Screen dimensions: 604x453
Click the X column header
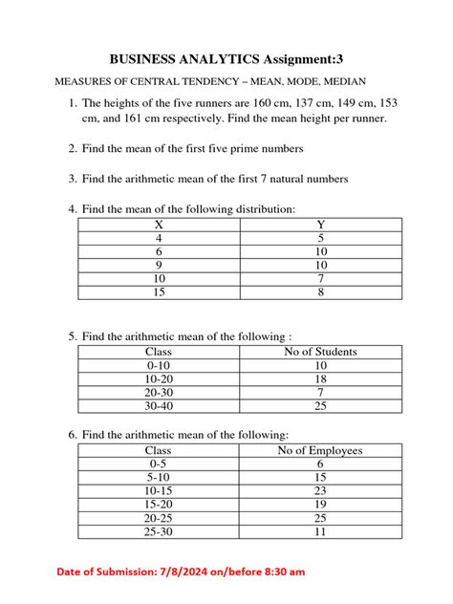(160, 225)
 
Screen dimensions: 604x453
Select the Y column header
(320, 225)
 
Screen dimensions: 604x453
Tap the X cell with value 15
(160, 292)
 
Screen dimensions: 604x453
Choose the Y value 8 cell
(320, 292)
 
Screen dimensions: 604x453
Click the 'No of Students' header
(320, 352)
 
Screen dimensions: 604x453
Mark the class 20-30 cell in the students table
(160, 393)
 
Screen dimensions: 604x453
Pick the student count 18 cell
(320, 379)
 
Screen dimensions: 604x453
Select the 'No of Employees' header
(320, 450)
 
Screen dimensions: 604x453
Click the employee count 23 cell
(320, 490)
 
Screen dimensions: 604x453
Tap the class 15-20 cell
(160, 504)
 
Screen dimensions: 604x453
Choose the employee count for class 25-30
(320, 530)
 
